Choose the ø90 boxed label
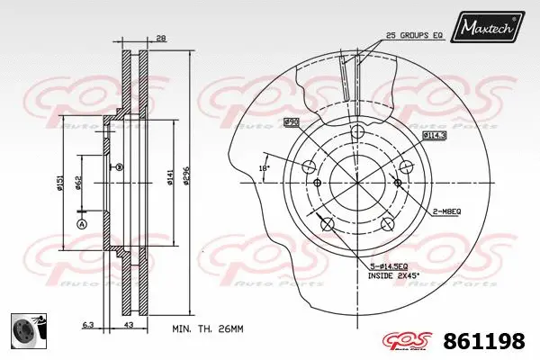pyautogui.click(x=291, y=121)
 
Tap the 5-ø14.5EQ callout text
pyautogui.click(x=389, y=266)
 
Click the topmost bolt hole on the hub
pyautogui.click(x=356, y=132)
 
